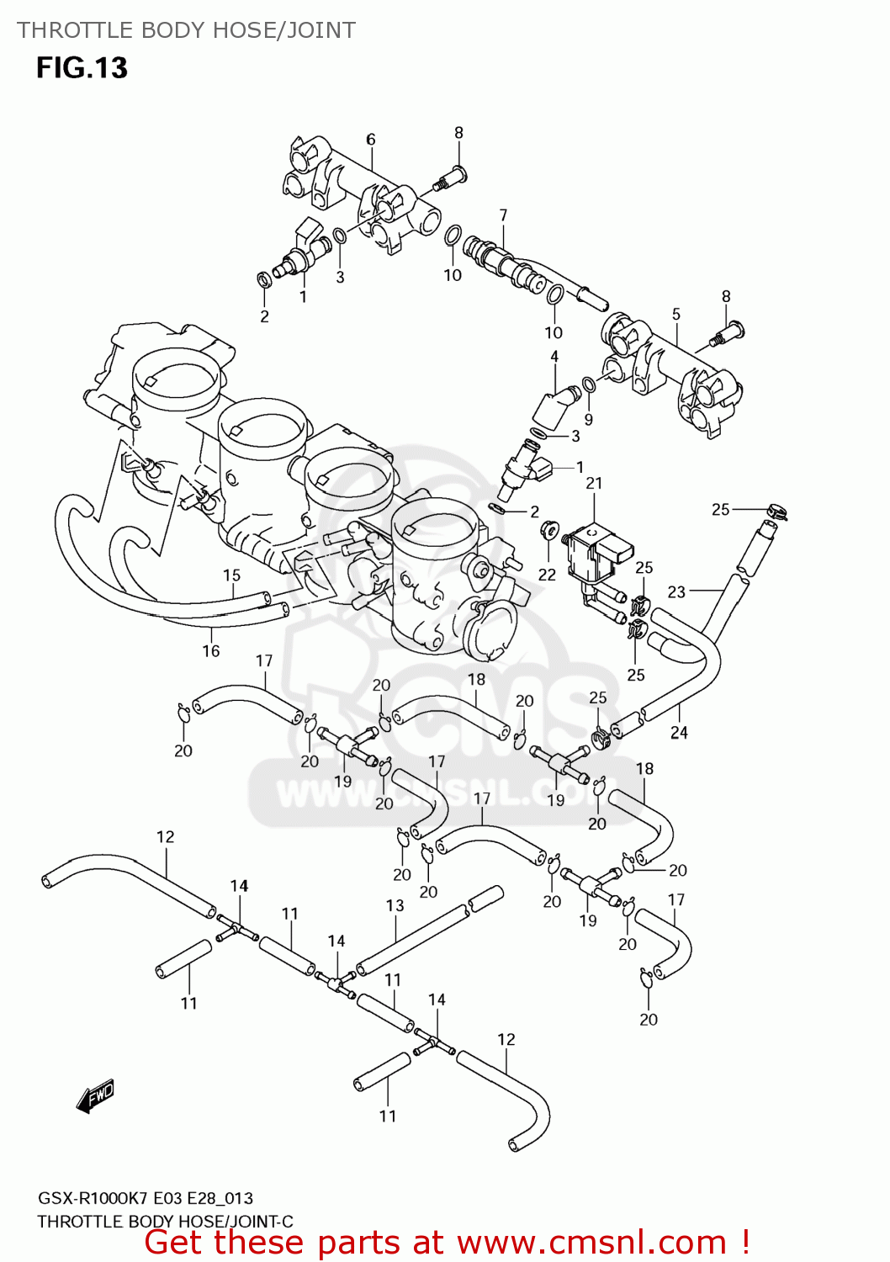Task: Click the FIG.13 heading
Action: (x=82, y=68)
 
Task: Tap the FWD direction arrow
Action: (x=94, y=1097)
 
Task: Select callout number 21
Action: (x=594, y=483)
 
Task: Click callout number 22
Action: (x=547, y=575)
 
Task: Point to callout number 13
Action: (x=395, y=905)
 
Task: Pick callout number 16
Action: (x=210, y=650)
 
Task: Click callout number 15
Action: (x=231, y=575)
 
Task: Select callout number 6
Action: (x=370, y=140)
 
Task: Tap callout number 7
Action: (x=503, y=215)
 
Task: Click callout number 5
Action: (x=676, y=314)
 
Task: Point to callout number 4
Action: (x=554, y=357)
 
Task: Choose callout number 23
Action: (x=676, y=592)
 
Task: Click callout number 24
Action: (x=679, y=732)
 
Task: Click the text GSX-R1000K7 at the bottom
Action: (x=95, y=1198)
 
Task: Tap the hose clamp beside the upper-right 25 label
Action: (x=776, y=510)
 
